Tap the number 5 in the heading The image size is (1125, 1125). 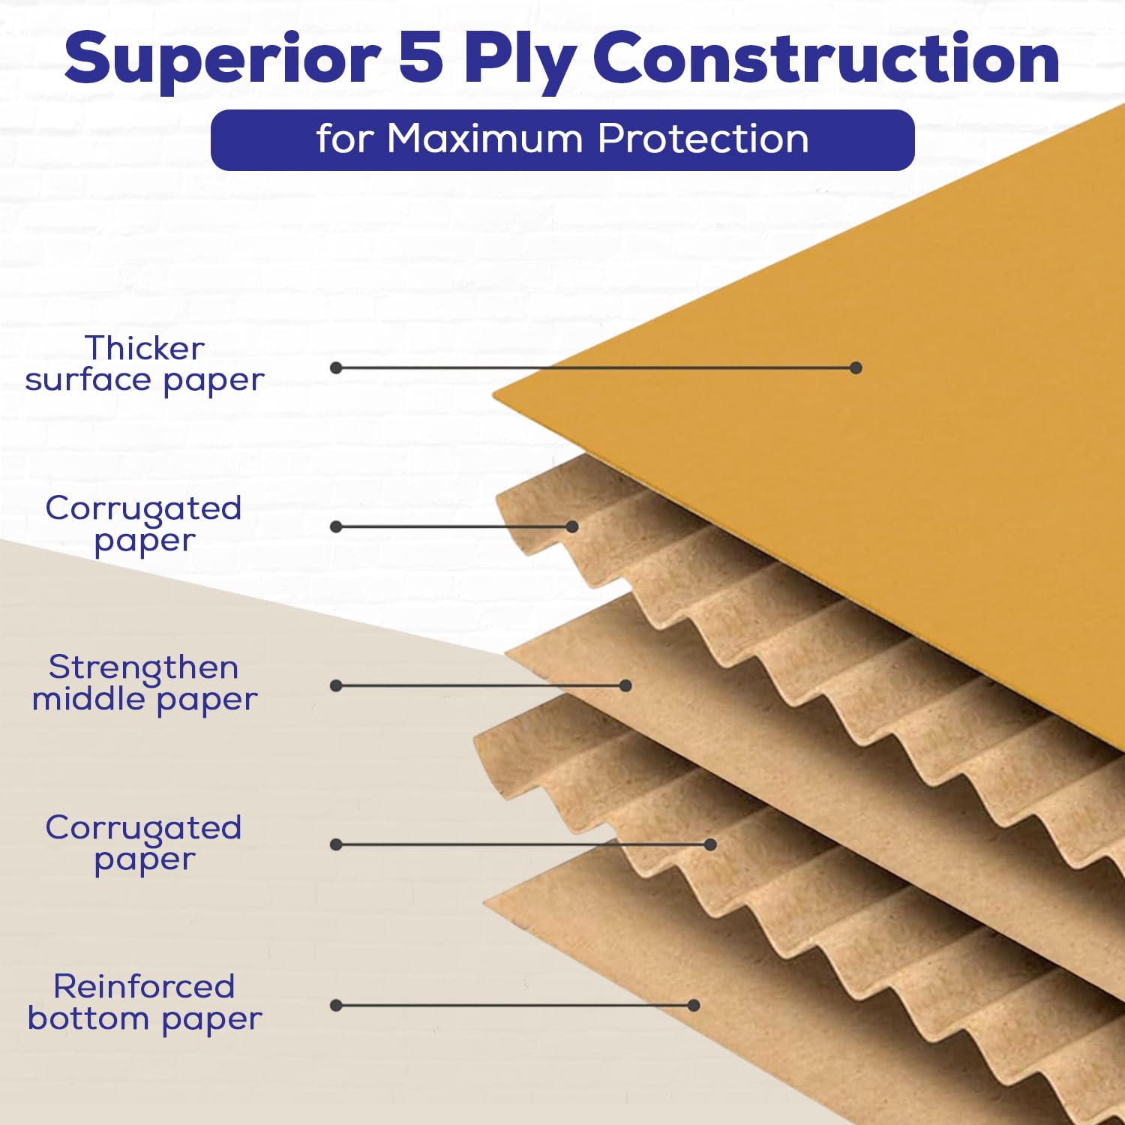point(421,58)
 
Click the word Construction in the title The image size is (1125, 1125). point(826,58)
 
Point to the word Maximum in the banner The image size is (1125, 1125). point(484,139)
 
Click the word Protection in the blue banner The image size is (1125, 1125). point(703,139)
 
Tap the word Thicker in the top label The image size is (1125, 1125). point(144,348)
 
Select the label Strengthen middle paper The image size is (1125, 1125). point(144,682)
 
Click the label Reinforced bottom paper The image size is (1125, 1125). point(144,1003)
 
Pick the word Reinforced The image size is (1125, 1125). point(144,986)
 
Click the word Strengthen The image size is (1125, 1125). point(144,668)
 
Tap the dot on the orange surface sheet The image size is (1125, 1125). point(856,367)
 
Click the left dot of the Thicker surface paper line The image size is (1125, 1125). point(336,367)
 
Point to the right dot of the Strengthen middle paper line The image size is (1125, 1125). point(625,685)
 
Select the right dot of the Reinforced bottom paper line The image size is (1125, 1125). point(694,1005)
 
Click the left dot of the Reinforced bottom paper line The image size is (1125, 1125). point(336,1005)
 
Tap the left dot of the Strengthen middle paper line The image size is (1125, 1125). point(336,685)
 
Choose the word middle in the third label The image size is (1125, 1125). point(88,698)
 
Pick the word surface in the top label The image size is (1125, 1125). point(88,379)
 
